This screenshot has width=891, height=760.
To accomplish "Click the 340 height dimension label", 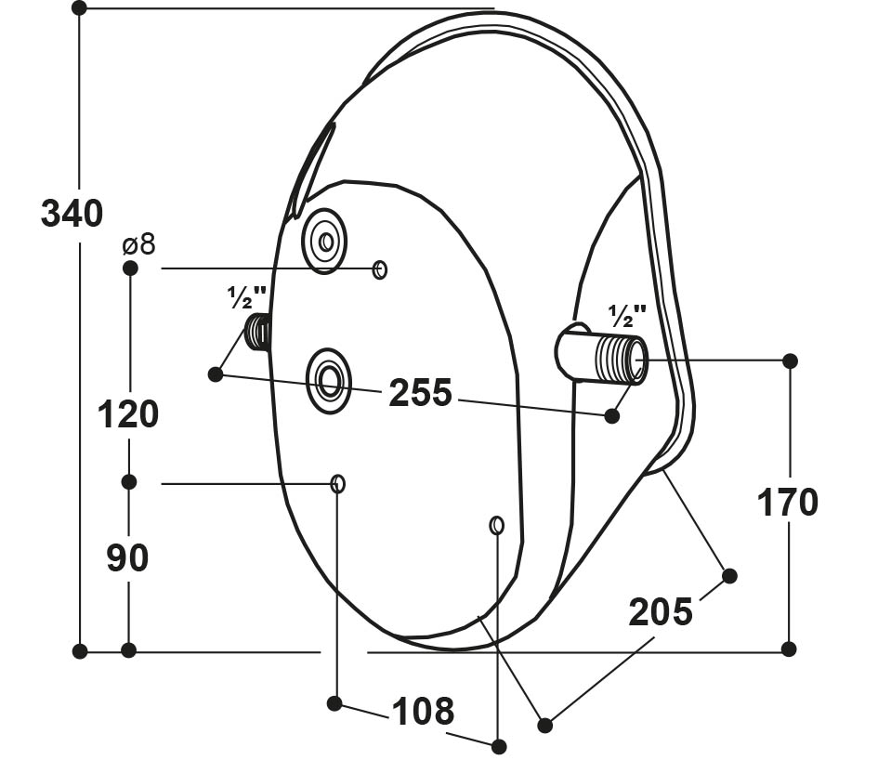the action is [x=72, y=214].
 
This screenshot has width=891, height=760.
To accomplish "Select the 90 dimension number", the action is [x=128, y=557].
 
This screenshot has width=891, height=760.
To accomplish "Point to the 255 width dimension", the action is [x=421, y=392].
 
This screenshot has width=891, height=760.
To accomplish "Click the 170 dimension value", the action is [x=788, y=502].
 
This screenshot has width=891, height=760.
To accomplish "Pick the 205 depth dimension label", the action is [x=661, y=611].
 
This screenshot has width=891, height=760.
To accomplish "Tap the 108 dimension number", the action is [x=424, y=711].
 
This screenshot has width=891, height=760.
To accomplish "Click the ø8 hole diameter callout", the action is [x=138, y=245].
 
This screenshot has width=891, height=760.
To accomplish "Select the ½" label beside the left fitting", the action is [x=246, y=297].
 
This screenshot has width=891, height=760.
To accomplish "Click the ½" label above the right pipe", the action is [x=627, y=316].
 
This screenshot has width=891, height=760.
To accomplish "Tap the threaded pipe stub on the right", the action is [x=602, y=356].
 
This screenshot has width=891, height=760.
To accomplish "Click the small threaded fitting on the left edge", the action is [x=258, y=332].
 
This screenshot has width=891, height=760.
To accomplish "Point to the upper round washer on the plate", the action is [x=324, y=241].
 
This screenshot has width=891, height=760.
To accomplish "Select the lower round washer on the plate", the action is [x=329, y=381].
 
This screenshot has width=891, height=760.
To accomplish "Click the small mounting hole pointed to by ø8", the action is [x=380, y=269].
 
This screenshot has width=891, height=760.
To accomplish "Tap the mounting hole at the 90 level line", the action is [x=338, y=484].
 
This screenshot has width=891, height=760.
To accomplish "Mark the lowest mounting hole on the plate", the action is [x=497, y=525].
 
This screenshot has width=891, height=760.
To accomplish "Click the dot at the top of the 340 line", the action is [x=80, y=8].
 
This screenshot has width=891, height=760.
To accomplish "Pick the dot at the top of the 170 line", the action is [x=790, y=360].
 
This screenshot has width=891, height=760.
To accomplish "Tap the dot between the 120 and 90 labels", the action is [x=129, y=482].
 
